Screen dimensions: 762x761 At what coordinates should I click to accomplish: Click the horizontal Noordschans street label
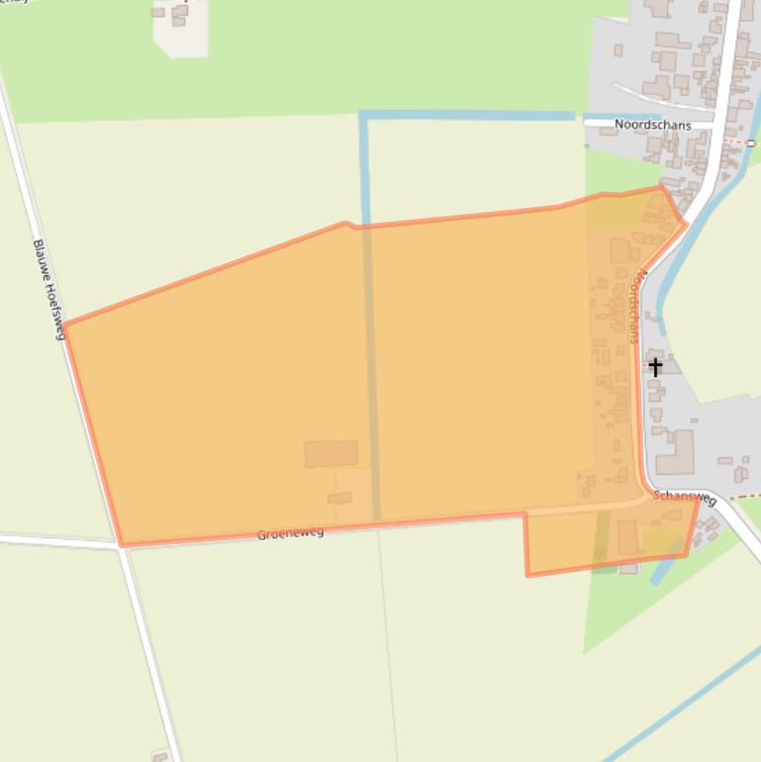[652, 125]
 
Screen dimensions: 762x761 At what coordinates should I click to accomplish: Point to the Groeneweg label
[290, 533]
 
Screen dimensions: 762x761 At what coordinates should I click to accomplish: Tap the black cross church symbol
[655, 367]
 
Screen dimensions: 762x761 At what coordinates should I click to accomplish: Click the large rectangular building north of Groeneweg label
[331, 453]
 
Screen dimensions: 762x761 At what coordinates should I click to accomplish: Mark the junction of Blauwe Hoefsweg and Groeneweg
[121, 544]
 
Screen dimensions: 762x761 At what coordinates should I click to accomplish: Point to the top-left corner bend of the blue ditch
[364, 117]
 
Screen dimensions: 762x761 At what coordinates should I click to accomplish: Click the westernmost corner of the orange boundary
[64, 324]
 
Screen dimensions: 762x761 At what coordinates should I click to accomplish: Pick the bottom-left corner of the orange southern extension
[527, 574]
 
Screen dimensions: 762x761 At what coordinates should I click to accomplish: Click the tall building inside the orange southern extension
[627, 537]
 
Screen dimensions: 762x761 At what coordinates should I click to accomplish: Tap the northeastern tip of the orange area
[660, 188]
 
